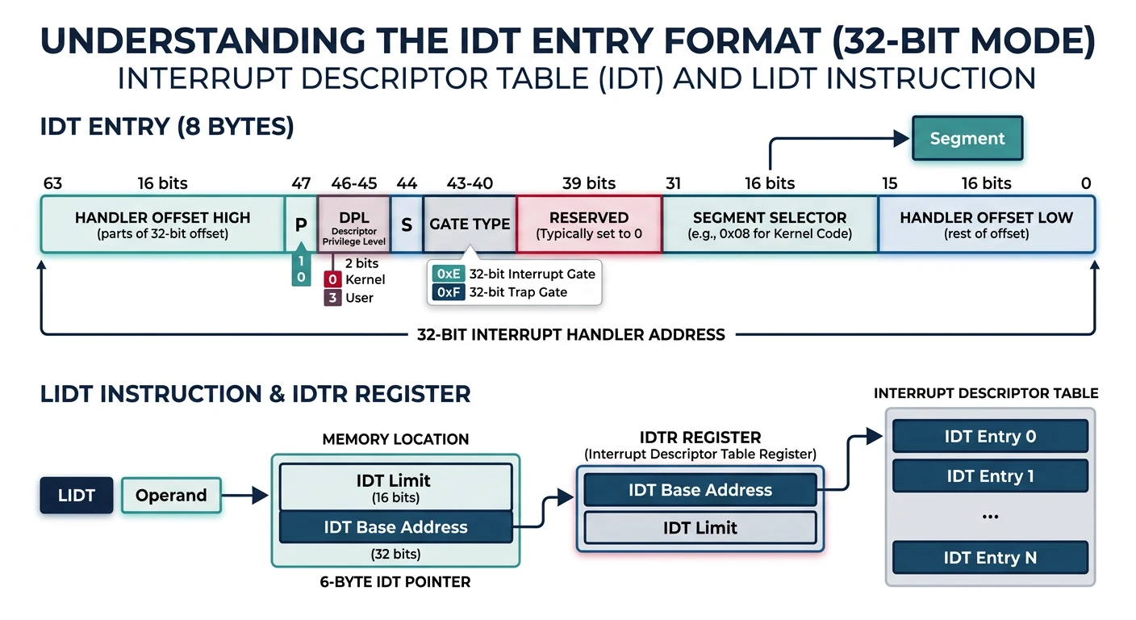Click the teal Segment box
pyautogui.click(x=967, y=138)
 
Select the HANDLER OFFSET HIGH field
pyautogui.click(x=162, y=224)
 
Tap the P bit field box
pyautogui.click(x=300, y=224)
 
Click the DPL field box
pyautogui.click(x=353, y=224)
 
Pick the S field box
pyautogui.click(x=406, y=224)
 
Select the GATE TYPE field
pyautogui.click(x=470, y=224)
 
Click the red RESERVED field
pyautogui.click(x=588, y=224)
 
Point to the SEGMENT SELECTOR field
pyautogui.click(x=769, y=224)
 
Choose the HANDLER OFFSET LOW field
pyautogui.click(x=986, y=224)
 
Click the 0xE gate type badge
pyautogui.click(x=447, y=274)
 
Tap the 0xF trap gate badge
pyautogui.click(x=447, y=292)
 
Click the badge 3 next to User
pyautogui.click(x=332, y=298)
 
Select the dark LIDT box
pyautogui.click(x=77, y=496)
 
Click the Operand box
pyautogui.click(x=170, y=496)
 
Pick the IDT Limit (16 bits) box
pyautogui.click(x=395, y=487)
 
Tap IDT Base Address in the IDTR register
pyautogui.click(x=700, y=490)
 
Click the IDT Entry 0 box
pyautogui.click(x=990, y=437)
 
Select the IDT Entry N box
pyautogui.click(x=990, y=558)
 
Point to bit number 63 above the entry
pyautogui.click(x=52, y=183)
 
